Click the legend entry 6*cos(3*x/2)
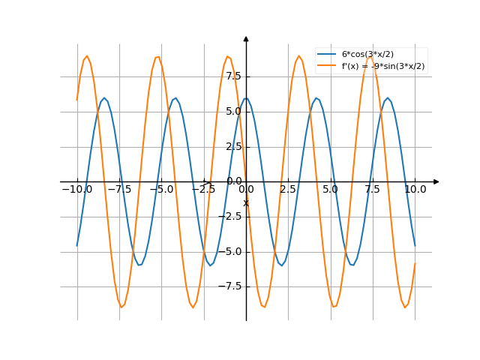[x=367, y=54]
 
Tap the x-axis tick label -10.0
[x=77, y=190]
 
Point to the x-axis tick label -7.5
[x=119, y=190]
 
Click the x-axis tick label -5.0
[x=161, y=190]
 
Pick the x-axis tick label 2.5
[x=288, y=190]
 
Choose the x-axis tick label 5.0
[x=330, y=190]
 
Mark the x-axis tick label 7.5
[x=373, y=190]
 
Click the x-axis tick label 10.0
[x=415, y=190]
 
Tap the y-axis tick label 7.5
[x=232, y=76]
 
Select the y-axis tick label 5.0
[x=232, y=112]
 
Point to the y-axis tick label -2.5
[x=230, y=217]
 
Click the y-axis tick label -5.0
[x=230, y=251]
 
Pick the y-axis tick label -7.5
[x=230, y=286]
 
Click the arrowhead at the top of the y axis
[x=246, y=37]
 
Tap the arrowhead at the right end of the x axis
[x=436, y=181]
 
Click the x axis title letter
[x=245, y=203]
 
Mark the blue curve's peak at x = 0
[x=246, y=97]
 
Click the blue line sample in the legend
[x=326, y=54]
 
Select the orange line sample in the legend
[x=326, y=66]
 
